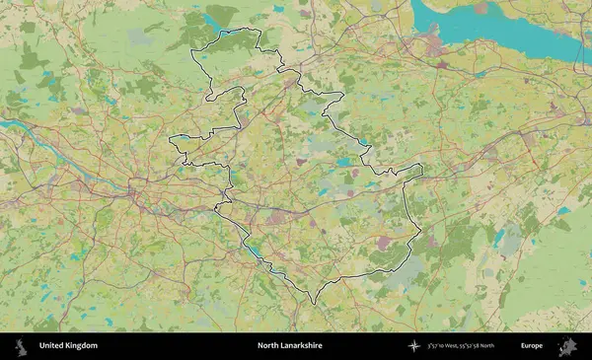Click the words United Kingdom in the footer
click(68, 346)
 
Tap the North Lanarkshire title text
click(289, 346)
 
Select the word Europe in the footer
click(532, 346)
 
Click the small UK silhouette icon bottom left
click(21, 346)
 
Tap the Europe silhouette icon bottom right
click(567, 346)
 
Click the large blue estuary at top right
click(493, 30)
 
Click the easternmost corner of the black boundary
click(422, 170)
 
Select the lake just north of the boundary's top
click(215, 20)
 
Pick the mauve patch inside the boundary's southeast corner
click(384, 241)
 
